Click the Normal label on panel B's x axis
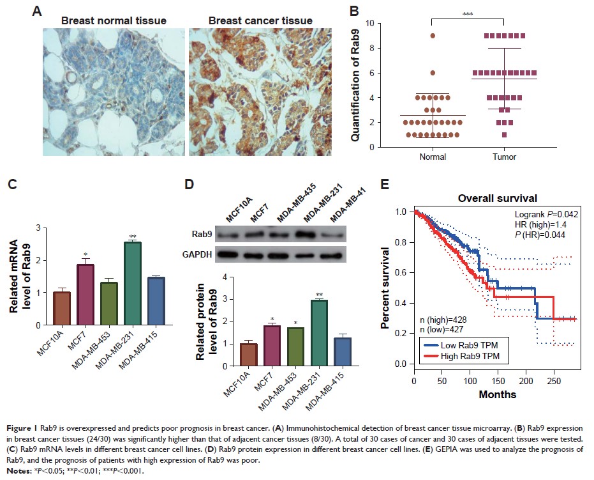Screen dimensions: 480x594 (x=433, y=156)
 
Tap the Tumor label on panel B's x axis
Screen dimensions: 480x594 (x=504, y=156)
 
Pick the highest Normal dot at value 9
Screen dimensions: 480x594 (x=432, y=36)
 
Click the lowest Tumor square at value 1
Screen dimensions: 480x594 (x=504, y=135)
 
